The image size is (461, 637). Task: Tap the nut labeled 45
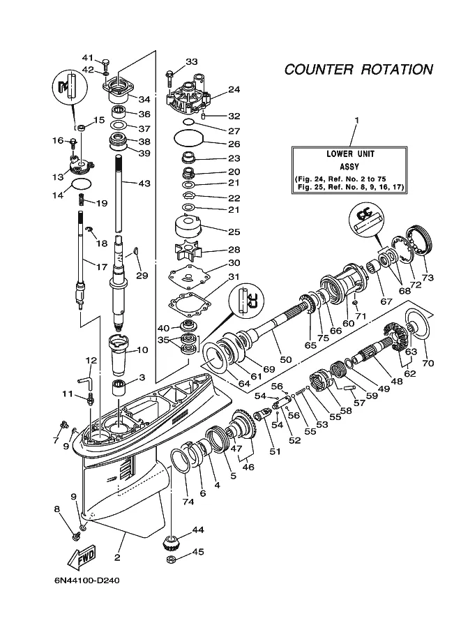[172, 560]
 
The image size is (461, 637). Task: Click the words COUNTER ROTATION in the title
[358, 70]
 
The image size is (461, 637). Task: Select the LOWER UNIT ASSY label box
[349, 170]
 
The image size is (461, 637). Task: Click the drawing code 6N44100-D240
[87, 580]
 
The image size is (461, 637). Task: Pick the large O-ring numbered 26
[188, 138]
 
